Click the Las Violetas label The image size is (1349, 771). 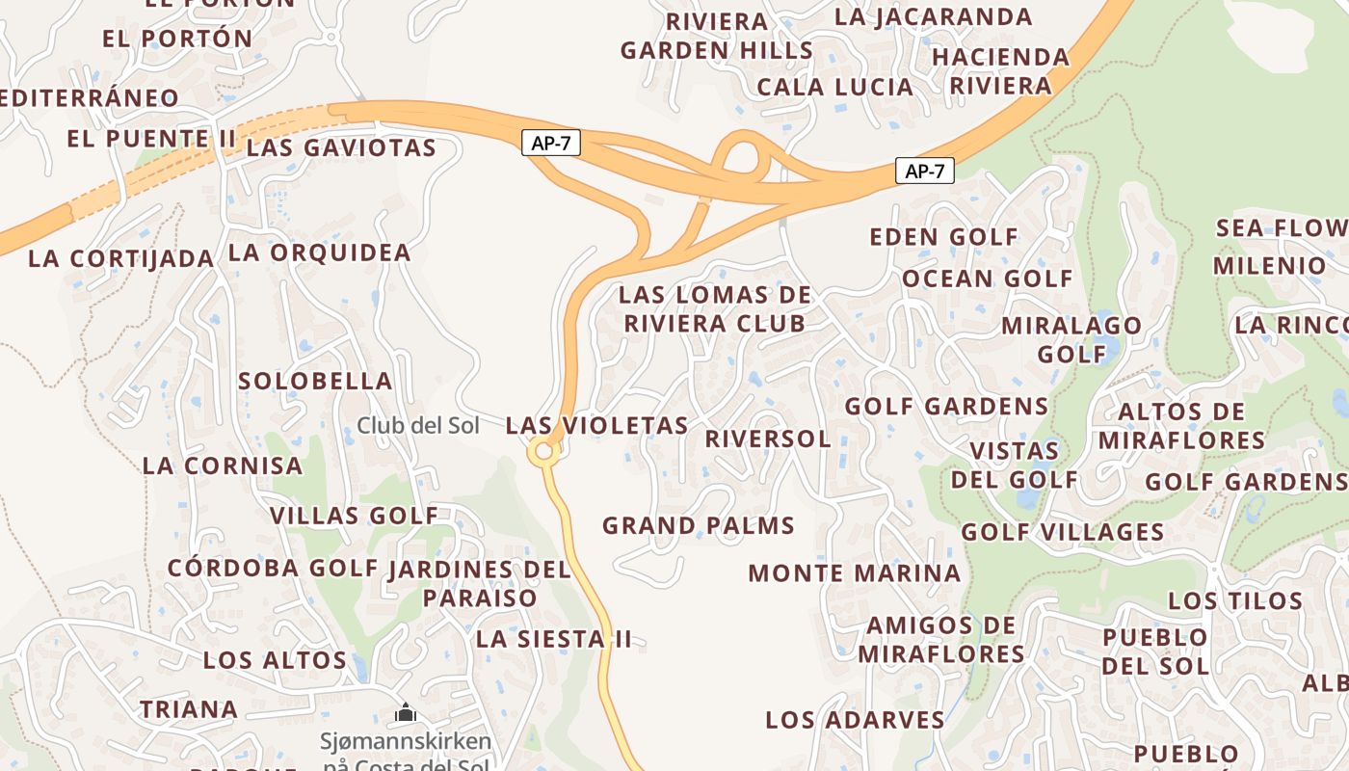point(596,425)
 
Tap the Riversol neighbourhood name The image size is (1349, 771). point(767,439)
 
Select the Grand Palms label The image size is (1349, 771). point(698,525)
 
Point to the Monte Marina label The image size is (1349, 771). point(854,572)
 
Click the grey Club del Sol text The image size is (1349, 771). point(417,425)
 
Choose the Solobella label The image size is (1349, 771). point(315,381)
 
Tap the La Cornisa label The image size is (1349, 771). point(222,465)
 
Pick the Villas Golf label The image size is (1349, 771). point(354,516)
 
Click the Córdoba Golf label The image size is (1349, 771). point(273,568)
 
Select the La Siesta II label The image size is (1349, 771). point(554,638)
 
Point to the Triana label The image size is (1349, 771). point(189,709)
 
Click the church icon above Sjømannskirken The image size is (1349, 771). point(406,714)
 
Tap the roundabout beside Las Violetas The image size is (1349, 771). point(543,450)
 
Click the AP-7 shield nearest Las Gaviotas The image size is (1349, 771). point(551,144)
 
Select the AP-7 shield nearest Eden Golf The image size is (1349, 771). point(924,172)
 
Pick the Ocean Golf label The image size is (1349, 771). point(987,279)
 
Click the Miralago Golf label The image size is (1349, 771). point(1071,339)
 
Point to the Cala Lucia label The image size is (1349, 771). point(834,87)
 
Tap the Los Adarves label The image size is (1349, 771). point(855,719)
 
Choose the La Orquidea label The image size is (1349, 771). point(319,253)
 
